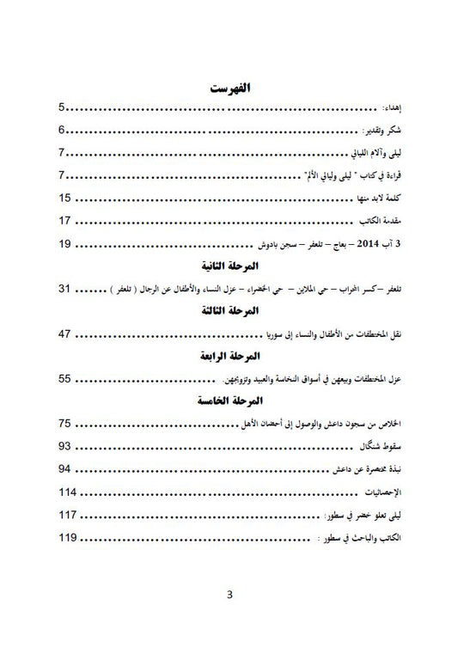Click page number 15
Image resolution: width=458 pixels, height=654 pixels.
pos(65,199)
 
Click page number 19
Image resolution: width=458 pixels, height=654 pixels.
pos(65,244)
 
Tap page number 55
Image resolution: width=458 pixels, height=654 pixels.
pos(65,378)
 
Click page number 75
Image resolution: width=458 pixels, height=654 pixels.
pos(65,423)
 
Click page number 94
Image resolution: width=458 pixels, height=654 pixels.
pos(65,468)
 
